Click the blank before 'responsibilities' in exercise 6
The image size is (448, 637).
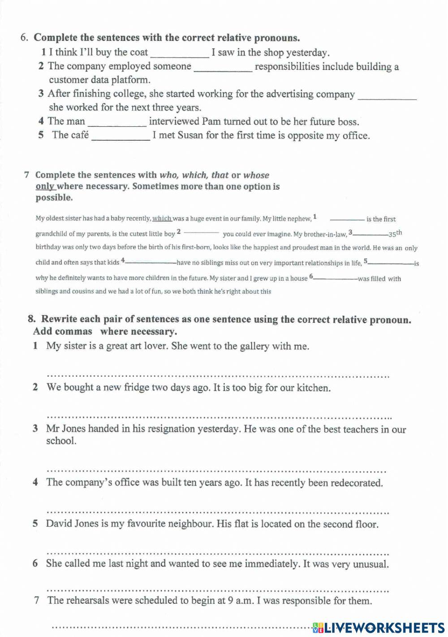point(223,68)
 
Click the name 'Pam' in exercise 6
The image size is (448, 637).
point(211,122)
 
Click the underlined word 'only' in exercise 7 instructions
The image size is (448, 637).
point(45,186)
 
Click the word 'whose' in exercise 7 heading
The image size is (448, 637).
point(256,175)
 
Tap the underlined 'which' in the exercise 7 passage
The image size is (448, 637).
point(162,219)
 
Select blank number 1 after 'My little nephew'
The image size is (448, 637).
point(347,219)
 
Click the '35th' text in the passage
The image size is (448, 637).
point(395,234)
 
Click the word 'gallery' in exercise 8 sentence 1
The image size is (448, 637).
point(255,347)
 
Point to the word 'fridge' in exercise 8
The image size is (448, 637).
point(136,388)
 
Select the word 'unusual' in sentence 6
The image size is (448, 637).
point(370,564)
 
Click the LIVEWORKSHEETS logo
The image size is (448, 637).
point(379,627)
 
